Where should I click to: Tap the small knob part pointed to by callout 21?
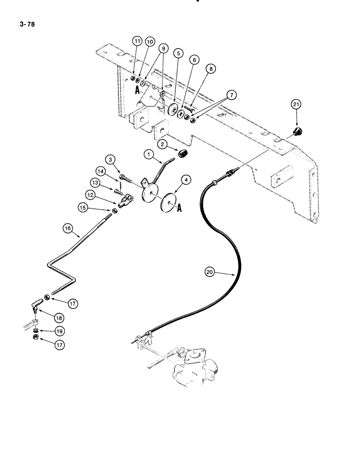(x=296, y=133)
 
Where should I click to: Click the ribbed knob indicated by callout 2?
(x=184, y=154)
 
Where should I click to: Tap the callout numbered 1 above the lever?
(x=148, y=153)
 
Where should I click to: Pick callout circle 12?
(x=90, y=193)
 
